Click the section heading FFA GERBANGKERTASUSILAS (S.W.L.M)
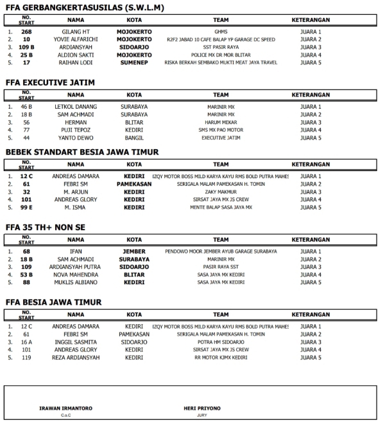coord(84,8)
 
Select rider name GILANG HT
coord(76,32)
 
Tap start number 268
coord(26,32)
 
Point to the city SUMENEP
coord(134,62)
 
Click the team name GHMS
coord(221,32)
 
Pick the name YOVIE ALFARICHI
coord(76,39)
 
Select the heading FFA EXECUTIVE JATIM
coord(50,83)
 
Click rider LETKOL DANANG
coord(76,107)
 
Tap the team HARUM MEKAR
coord(221,122)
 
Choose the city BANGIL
coord(134,138)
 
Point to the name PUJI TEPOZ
coord(76,130)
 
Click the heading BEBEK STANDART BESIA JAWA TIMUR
coord(81,152)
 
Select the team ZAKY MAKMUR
coord(221,192)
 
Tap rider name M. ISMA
coord(76,207)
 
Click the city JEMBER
coord(134,251)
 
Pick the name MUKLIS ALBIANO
coord(76,282)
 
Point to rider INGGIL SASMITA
coord(76,342)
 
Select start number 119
coord(26,357)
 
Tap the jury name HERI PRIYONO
coord(202,408)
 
